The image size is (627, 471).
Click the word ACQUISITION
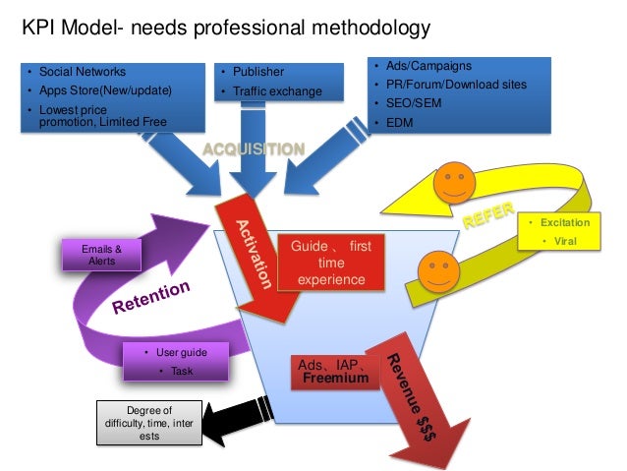(254, 149)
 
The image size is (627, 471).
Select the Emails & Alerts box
(98, 255)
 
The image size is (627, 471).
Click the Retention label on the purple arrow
(150, 298)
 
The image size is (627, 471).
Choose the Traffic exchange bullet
(277, 91)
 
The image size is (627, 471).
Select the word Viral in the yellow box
(565, 241)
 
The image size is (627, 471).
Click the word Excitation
(565, 223)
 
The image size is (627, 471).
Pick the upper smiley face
(451, 182)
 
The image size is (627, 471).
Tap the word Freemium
(335, 378)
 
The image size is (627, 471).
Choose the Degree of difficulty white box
(149, 423)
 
